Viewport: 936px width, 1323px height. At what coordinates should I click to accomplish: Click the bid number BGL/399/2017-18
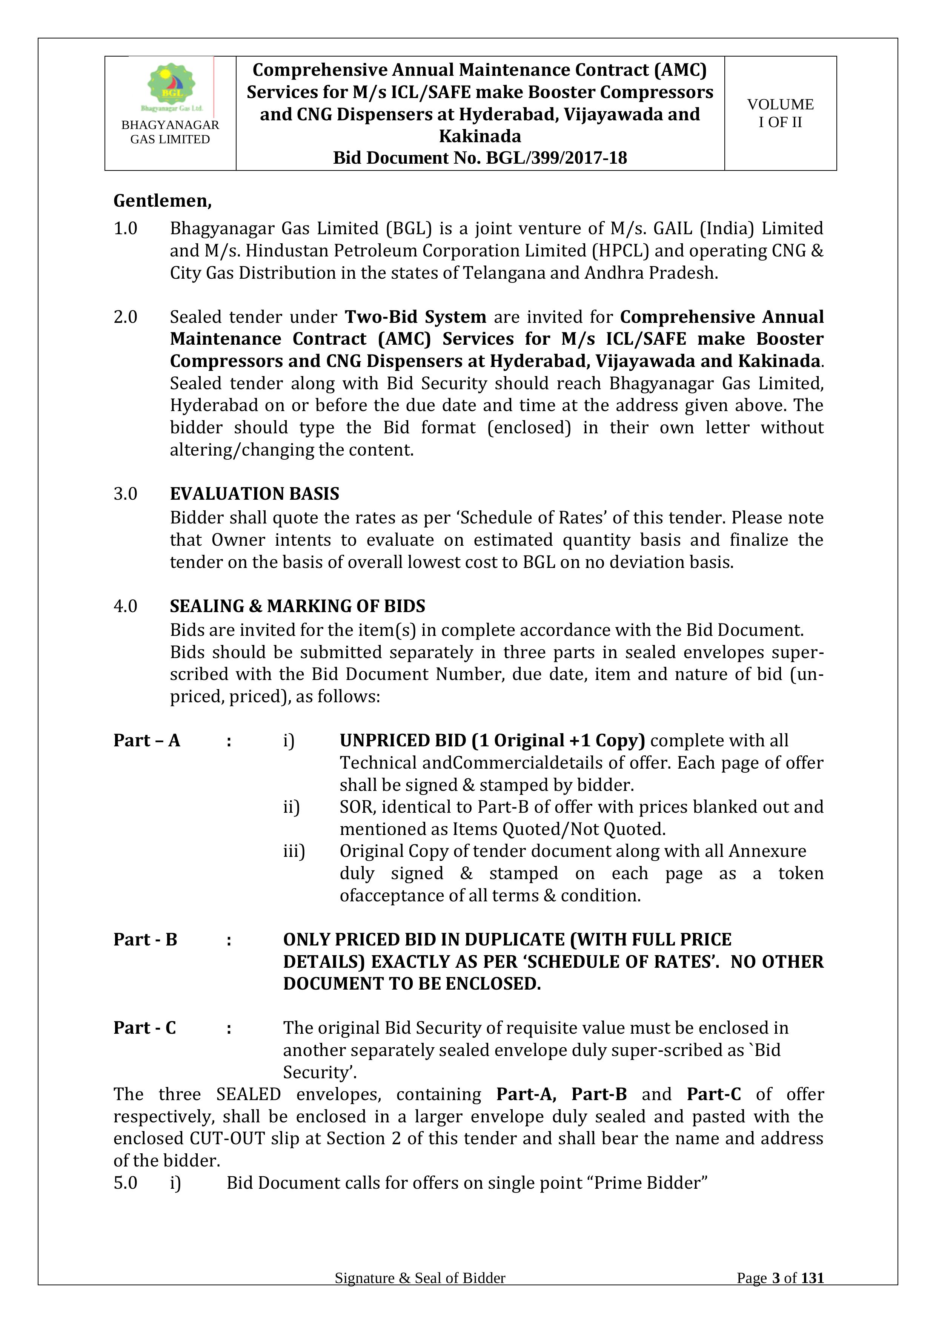click(x=556, y=158)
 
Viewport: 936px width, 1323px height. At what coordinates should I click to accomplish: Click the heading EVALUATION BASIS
click(x=254, y=494)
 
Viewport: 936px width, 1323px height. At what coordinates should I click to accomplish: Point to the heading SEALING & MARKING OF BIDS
click(x=297, y=606)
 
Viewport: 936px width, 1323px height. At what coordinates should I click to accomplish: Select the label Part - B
click(x=145, y=940)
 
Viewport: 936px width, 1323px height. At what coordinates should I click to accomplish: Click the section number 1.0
click(x=125, y=229)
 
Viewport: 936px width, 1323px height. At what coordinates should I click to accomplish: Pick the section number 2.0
click(x=125, y=317)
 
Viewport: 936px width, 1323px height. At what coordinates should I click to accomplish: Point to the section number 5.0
click(x=125, y=1183)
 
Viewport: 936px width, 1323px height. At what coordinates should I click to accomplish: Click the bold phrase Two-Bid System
click(x=415, y=317)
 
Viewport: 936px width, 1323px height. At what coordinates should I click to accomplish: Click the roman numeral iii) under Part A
click(x=294, y=851)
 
